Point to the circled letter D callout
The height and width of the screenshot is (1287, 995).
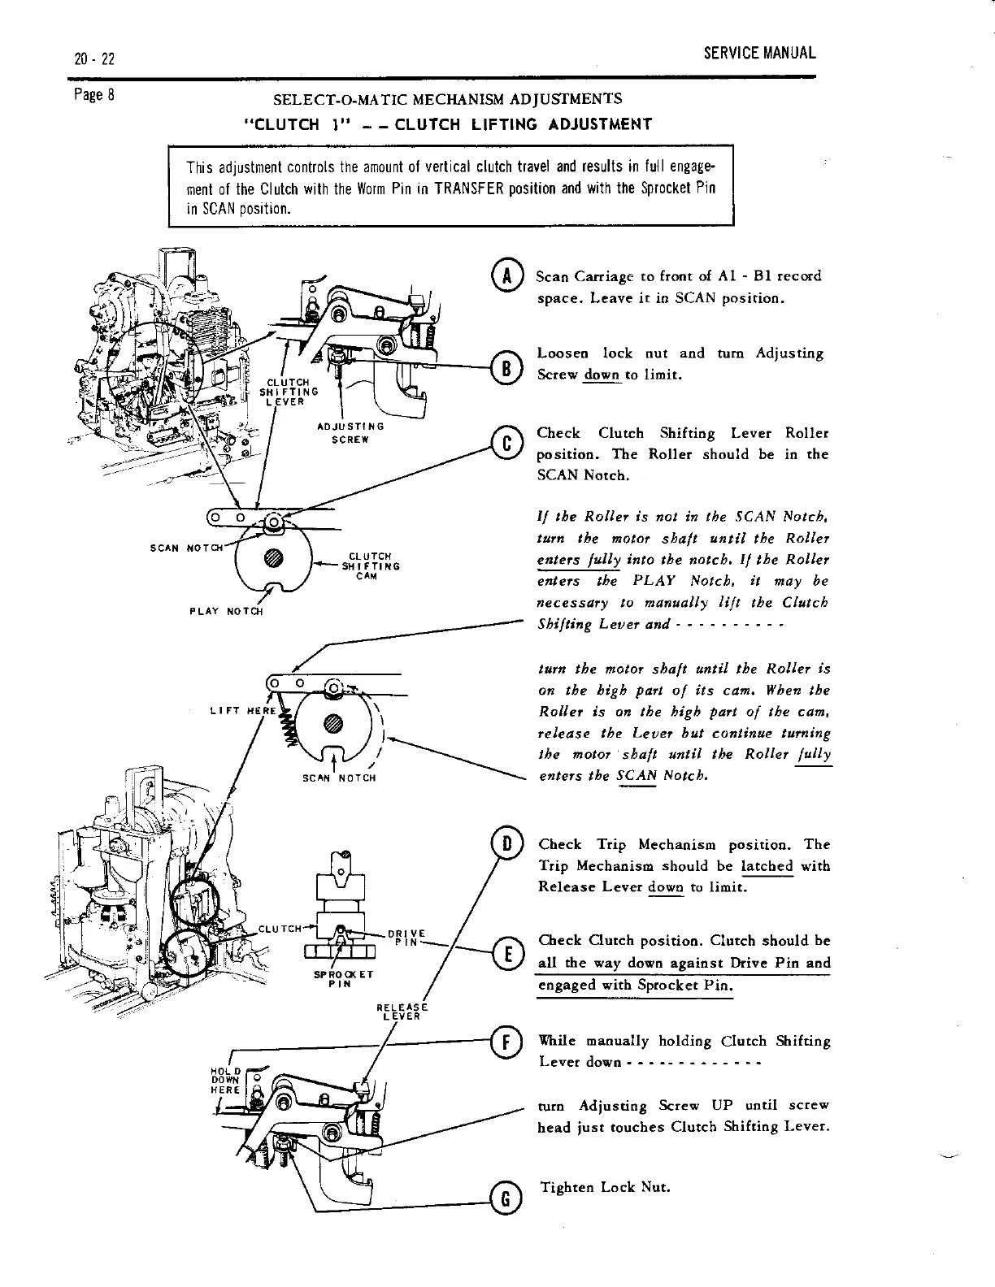click(x=506, y=845)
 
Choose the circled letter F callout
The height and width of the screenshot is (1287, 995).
click(x=506, y=1041)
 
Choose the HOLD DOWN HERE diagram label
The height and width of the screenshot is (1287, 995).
click(x=223, y=1080)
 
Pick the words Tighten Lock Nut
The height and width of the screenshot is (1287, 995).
click(x=605, y=1187)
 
